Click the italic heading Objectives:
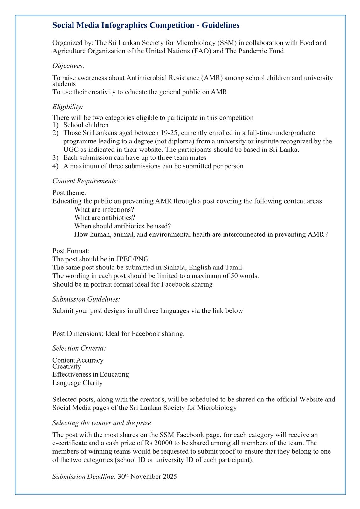coord(68,66)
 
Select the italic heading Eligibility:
coord(67,107)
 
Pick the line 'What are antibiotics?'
coord(105,218)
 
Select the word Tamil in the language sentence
coord(234,268)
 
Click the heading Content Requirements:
coord(85,181)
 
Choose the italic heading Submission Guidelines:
coord(86,299)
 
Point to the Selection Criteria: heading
coord(79,348)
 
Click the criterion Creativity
coord(66,366)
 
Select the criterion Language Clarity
coord(78,383)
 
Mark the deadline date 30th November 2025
coord(147,477)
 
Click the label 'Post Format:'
coord(71,251)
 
